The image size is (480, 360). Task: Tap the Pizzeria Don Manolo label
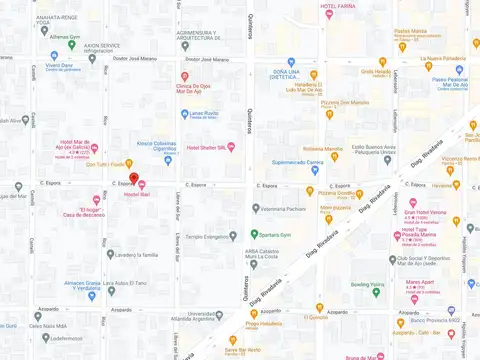(346, 102)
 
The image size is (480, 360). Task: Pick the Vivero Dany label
(59, 65)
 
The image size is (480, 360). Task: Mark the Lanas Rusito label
(204, 113)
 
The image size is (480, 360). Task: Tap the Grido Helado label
(376, 72)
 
